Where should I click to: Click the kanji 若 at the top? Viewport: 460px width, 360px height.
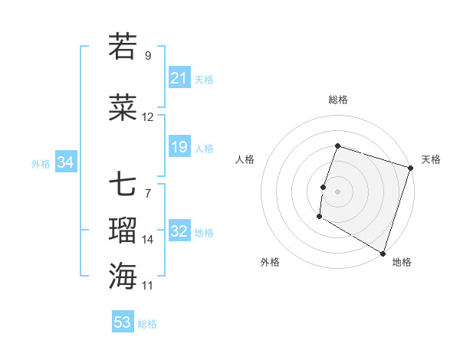(x=123, y=47)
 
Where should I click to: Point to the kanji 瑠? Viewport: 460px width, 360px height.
(x=123, y=230)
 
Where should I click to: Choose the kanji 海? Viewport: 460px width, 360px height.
(x=123, y=275)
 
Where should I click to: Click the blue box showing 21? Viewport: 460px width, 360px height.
(x=179, y=77)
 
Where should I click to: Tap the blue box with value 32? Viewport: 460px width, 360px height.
(x=179, y=231)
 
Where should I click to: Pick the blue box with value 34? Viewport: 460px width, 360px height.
(x=66, y=162)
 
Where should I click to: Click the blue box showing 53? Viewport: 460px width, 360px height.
(x=123, y=322)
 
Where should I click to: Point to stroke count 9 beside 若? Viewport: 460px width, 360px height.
(x=147, y=56)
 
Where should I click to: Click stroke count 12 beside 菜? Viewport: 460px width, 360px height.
(x=148, y=117)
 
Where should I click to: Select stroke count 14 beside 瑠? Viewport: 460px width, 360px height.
(x=148, y=239)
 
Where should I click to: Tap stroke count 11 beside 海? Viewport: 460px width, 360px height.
(x=148, y=285)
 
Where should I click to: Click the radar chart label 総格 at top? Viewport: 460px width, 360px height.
(x=337, y=100)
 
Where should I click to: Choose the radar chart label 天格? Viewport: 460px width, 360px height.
(x=431, y=159)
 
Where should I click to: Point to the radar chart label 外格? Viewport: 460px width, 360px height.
(x=270, y=262)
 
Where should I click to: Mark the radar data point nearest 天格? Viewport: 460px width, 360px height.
(x=410, y=168)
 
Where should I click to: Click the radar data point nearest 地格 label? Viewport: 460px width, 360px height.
(x=383, y=253)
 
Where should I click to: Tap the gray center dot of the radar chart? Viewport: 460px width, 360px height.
(x=337, y=191)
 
